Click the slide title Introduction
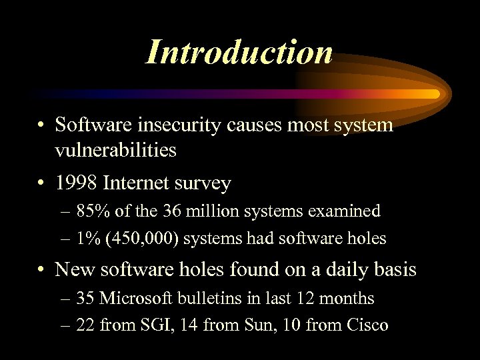239,52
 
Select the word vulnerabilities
116,151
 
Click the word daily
340,269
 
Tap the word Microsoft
139,299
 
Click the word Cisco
367,325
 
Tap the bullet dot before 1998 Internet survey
41,183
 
